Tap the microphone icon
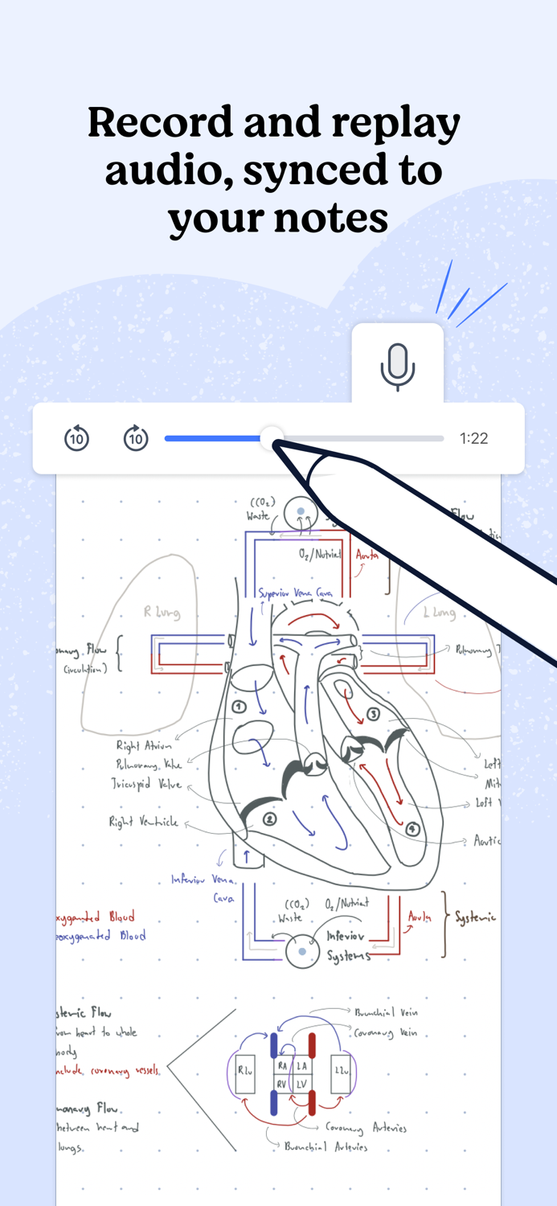397,367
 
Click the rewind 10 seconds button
76,439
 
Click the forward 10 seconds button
136,439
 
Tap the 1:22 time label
473,438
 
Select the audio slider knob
272,438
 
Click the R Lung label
162,613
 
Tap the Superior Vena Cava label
295,593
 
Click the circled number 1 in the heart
239,706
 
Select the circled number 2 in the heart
270,818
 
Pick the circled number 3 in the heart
372,714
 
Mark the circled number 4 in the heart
412,829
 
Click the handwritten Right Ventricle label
144,822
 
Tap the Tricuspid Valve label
147,784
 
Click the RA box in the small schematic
282,1065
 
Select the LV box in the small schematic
302,1084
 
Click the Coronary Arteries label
367,1128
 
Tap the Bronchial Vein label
387,1013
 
